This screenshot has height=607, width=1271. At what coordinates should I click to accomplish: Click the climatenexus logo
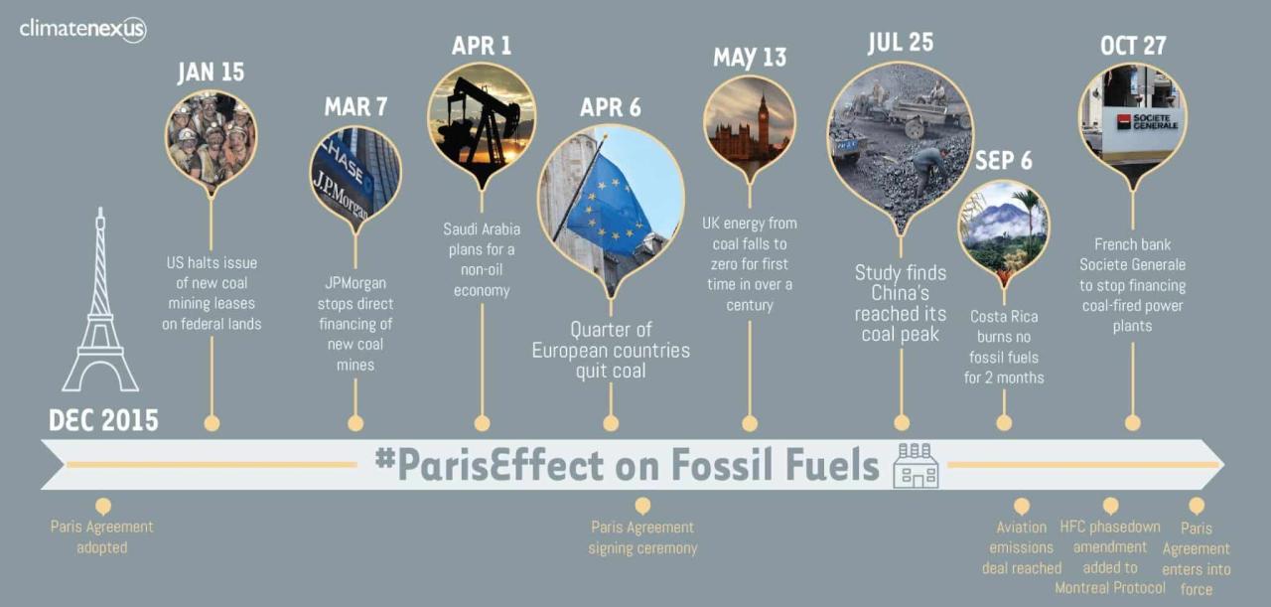(x=82, y=29)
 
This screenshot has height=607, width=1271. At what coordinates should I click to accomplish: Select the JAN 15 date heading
(x=212, y=73)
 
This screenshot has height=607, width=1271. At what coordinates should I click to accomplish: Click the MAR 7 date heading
(x=355, y=106)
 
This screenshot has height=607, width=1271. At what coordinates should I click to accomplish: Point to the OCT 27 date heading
(x=1133, y=46)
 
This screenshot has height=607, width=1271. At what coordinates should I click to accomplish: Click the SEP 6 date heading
(x=1004, y=161)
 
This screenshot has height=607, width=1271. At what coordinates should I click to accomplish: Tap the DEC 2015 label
(x=104, y=421)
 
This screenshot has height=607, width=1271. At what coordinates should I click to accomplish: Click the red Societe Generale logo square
(x=1124, y=122)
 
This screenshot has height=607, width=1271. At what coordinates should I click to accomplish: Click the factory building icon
(x=916, y=466)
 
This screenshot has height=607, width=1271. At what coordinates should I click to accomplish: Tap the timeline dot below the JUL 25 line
(x=902, y=423)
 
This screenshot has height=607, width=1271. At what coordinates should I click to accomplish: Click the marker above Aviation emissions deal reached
(x=1022, y=506)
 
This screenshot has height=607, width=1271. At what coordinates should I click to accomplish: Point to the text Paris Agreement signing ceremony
(x=642, y=537)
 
